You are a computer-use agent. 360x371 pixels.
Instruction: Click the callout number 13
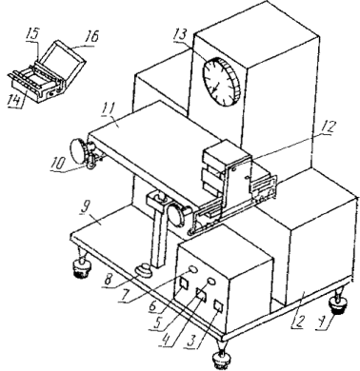point(180,35)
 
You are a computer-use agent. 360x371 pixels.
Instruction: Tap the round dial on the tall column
point(221,82)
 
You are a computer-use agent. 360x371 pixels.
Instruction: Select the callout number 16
point(91,35)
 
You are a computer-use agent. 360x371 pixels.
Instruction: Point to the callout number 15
point(32,33)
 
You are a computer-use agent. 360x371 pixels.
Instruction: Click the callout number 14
point(15,100)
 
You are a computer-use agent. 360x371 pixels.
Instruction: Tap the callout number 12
point(327,127)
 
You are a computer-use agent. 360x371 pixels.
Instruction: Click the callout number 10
point(57,163)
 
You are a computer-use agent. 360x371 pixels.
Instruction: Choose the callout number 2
point(299,322)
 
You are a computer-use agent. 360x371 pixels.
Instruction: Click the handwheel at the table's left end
point(79,150)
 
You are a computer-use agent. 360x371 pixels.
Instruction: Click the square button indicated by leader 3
point(218,305)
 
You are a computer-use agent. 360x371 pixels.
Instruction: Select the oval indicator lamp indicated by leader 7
point(192,269)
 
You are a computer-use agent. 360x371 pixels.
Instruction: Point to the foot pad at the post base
point(144,270)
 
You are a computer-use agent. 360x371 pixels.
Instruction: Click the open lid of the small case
point(64,63)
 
